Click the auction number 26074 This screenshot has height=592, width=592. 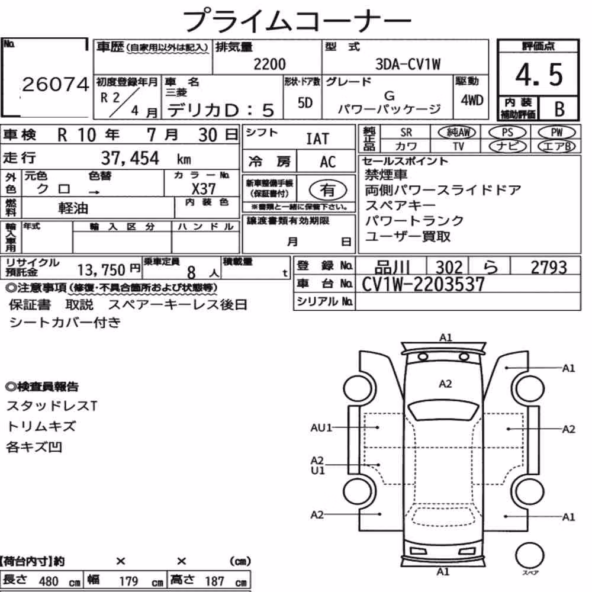[x=56, y=84]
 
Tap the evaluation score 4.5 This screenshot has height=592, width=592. [x=539, y=75]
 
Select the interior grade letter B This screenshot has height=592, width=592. [x=559, y=109]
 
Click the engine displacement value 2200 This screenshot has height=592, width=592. [x=269, y=64]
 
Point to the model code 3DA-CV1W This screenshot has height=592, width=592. [x=408, y=64]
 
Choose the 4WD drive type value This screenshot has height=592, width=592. [x=472, y=100]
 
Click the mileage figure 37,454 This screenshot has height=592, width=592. [x=130, y=158]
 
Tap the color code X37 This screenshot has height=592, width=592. [x=204, y=188]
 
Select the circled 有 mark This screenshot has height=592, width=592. [x=328, y=190]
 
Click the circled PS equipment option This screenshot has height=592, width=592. [x=507, y=133]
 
